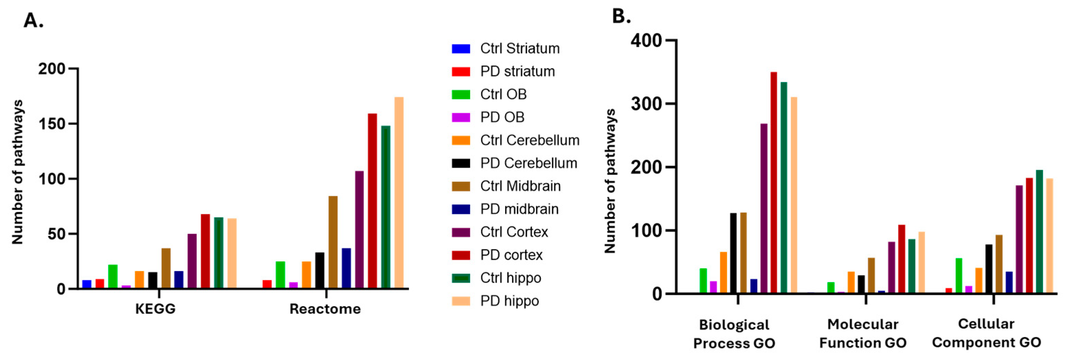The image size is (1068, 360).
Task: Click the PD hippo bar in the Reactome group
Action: [399, 193]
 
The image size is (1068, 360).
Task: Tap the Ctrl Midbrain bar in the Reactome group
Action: [333, 242]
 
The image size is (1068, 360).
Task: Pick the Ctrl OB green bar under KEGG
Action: [113, 277]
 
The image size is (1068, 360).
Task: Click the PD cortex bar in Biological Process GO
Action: [774, 182]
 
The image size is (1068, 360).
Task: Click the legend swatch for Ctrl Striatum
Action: [461, 49]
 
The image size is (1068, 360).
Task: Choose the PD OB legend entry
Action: [502, 117]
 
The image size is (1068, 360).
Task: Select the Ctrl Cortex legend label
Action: [514, 232]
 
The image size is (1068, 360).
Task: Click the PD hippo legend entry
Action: [510, 301]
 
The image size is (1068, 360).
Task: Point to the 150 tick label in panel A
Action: [52, 124]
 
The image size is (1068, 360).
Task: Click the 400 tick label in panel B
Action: [646, 41]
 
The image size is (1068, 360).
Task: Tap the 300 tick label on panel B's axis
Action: [646, 104]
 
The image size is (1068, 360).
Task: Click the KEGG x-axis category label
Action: [156, 309]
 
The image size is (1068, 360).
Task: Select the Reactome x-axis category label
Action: [325, 309]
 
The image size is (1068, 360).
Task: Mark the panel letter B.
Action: [621, 16]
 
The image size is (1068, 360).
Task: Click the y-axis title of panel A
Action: [18, 172]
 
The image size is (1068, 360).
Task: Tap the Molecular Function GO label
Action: [863, 334]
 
